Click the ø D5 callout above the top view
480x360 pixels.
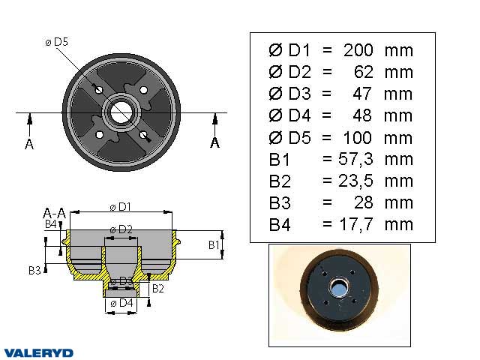tap(57, 42)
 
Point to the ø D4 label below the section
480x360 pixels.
tap(121, 303)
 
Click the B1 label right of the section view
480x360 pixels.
tap(213, 244)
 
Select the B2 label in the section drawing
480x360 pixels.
tap(158, 287)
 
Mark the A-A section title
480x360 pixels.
tap(54, 213)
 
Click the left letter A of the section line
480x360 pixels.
tap(29, 144)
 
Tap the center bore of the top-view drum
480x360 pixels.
tap(121, 113)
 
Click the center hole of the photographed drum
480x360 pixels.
tap(339, 288)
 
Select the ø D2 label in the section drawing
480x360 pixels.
tap(121, 229)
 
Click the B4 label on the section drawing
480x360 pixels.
tap(50, 223)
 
